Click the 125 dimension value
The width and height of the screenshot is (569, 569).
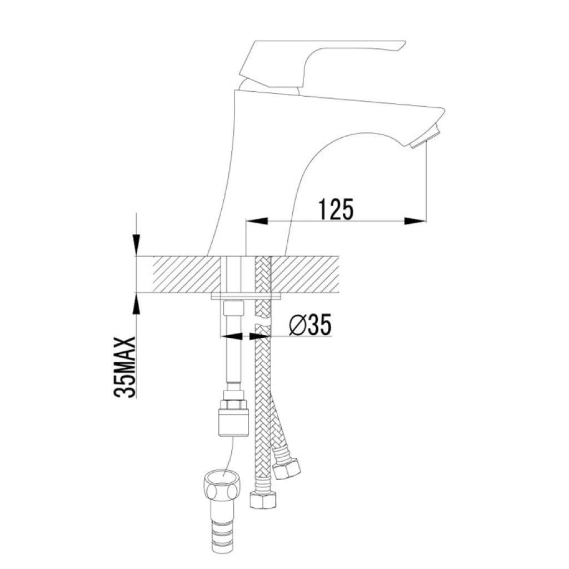(x=335, y=209)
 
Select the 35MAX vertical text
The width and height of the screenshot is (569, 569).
(x=125, y=368)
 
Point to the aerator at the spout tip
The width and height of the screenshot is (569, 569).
(x=425, y=136)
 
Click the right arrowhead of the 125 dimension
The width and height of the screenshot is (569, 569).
(x=415, y=221)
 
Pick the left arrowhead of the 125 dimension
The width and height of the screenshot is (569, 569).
(x=257, y=221)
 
